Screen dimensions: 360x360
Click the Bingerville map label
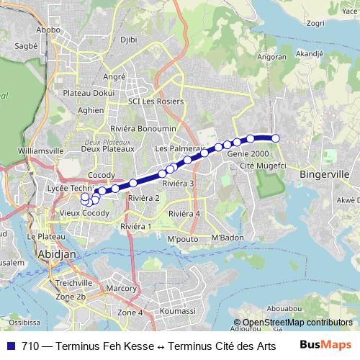[x=324, y=174]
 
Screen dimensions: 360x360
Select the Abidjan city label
[x=53, y=254]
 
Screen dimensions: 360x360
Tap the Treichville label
[x=73, y=283]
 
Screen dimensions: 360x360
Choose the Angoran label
[x=273, y=56]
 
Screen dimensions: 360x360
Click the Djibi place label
[x=128, y=40]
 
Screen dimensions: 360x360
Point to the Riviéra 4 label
[x=184, y=214]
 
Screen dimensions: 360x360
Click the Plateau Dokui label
[x=89, y=92]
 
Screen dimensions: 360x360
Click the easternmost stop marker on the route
[x=275, y=138]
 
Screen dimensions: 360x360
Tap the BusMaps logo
[x=325, y=345]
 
